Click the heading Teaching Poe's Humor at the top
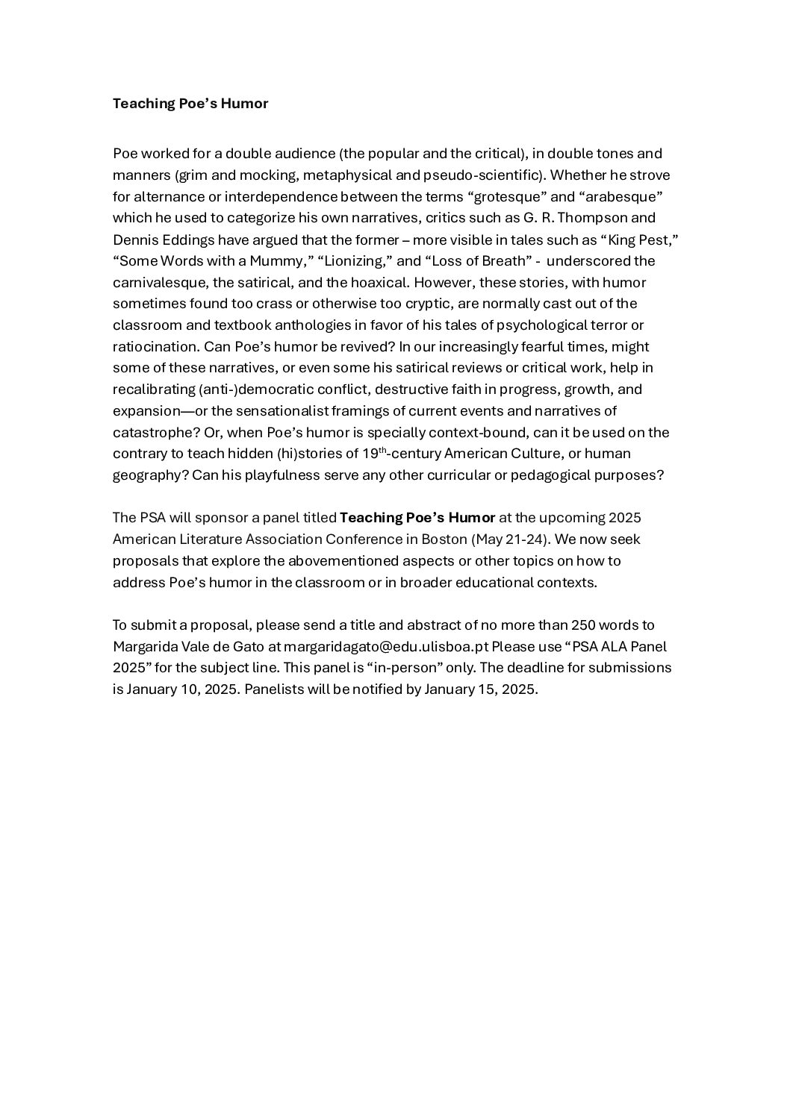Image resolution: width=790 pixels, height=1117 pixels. tap(190, 104)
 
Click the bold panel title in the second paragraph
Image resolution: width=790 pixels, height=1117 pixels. tap(417, 518)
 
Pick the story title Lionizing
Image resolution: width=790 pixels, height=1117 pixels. tap(354, 261)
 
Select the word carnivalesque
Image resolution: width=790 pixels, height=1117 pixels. tap(158, 283)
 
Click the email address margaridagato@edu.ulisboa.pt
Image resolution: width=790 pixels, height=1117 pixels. tap(385, 646)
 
